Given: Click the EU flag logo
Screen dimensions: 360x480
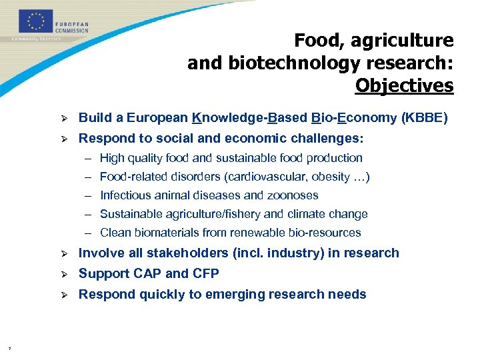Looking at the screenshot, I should pos(35,21).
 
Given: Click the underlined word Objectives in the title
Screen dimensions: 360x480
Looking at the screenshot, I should pos(404,86).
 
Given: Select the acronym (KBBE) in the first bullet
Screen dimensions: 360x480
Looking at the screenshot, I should pos(425,119).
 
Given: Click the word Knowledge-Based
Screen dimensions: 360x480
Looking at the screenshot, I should pos(249,119).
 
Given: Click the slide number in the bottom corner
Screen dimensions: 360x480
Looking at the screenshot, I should pos(9,348).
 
